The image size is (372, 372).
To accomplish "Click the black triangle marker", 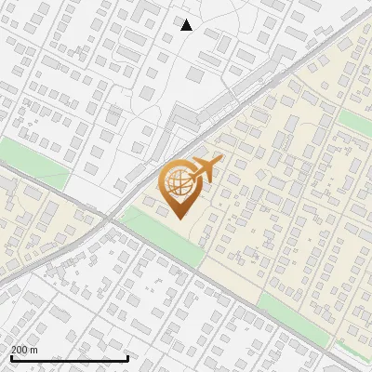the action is pos(187,25).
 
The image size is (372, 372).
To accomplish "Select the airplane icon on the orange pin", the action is pos(205,171).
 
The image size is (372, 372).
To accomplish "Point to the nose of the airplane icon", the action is pos(219,162).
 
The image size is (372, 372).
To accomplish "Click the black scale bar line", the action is pos(69,358).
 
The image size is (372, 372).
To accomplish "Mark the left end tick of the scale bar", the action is pos(11,356).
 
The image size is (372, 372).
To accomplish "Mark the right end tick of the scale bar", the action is pos(127,356).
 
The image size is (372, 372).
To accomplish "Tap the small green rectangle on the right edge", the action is pos(356,122).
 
